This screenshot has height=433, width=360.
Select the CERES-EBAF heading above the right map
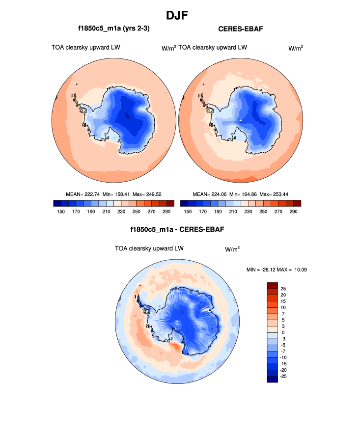click(241, 29)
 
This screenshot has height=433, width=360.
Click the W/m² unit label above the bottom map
click(232, 249)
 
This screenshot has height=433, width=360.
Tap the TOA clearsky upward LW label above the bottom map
click(149, 249)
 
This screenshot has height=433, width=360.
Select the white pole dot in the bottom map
click(177, 322)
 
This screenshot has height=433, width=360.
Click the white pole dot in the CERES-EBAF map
click(241, 120)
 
